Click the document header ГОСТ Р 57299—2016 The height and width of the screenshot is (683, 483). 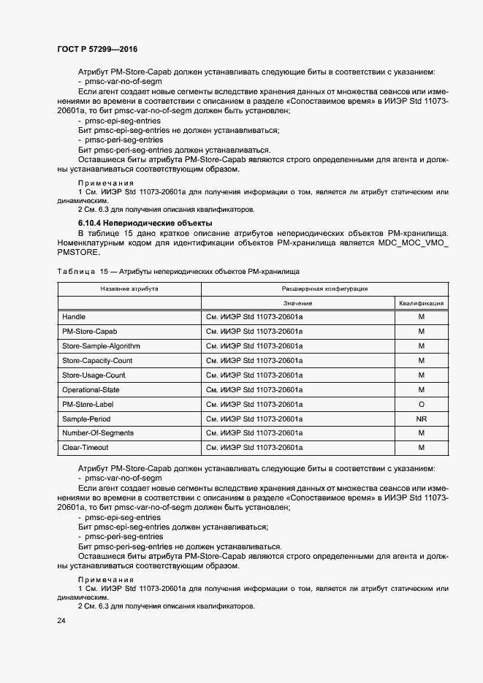(97, 49)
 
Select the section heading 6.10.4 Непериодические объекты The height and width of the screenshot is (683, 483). (135, 221)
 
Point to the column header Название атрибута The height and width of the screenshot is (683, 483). (129, 289)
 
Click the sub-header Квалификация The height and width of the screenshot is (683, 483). (421, 303)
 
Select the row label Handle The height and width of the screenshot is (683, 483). (74, 317)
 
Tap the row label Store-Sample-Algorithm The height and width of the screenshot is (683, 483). (101, 346)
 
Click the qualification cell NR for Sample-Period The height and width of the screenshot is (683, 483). (421, 419)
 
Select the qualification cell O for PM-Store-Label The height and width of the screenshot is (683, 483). (421, 404)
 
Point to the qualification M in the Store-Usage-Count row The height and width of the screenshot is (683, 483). (421, 375)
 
